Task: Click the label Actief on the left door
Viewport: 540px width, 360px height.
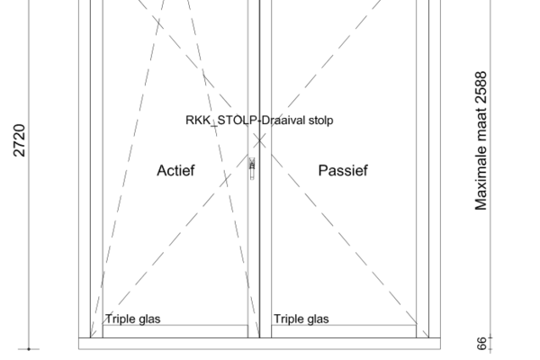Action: (x=175, y=170)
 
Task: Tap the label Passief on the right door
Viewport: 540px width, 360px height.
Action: (x=343, y=170)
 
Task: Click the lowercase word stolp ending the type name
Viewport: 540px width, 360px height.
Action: (x=319, y=120)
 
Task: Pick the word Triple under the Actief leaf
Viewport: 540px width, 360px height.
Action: (x=121, y=319)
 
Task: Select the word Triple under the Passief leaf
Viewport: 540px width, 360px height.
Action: (x=289, y=319)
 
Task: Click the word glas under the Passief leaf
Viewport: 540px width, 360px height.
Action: (x=317, y=319)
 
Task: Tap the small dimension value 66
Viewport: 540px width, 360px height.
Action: (x=481, y=344)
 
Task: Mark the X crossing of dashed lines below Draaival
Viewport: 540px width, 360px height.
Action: (x=259, y=139)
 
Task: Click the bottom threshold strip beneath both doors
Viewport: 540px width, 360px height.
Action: (x=259, y=343)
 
